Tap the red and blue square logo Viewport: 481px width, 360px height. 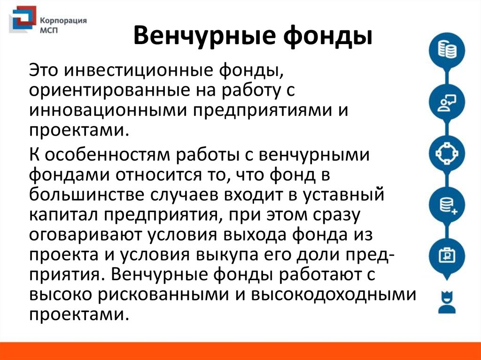(22, 19)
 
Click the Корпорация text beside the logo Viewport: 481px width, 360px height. (63, 21)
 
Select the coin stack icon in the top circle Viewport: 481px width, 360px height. (447, 50)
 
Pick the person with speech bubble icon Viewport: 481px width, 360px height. (447, 102)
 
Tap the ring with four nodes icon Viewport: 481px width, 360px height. (447, 153)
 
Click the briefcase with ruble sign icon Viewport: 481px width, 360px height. (447, 255)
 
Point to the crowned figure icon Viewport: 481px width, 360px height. (447, 302)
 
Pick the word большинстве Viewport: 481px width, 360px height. (87, 195)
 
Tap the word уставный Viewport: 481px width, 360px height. (343, 195)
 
